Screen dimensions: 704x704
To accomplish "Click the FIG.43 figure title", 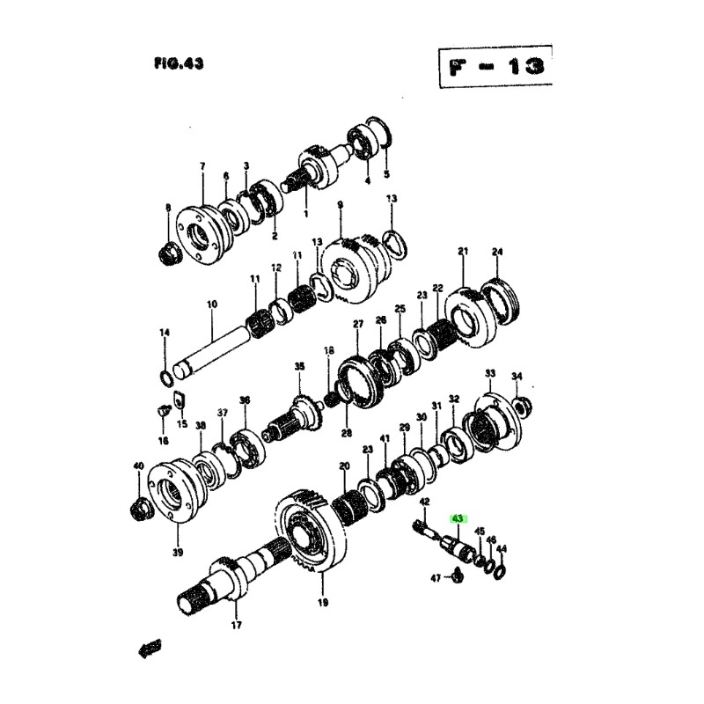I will tap(178, 63).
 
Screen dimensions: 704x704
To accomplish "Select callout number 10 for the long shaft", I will tap(211, 304).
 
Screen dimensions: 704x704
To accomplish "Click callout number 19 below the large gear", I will tap(322, 603).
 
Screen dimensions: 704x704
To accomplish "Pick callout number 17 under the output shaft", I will tap(236, 627).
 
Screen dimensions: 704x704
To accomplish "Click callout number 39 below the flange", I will tap(178, 553).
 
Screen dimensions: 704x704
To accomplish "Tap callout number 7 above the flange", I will tap(202, 166).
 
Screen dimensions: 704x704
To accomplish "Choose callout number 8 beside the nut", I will tap(168, 208).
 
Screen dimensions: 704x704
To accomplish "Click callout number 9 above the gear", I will tap(340, 205).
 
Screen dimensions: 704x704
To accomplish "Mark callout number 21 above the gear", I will tap(464, 252).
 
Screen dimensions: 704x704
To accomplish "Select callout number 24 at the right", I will tap(497, 253).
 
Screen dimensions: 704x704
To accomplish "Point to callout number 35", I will tap(298, 365).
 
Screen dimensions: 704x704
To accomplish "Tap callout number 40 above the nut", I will tap(138, 466).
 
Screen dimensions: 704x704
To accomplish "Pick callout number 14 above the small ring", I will tap(164, 333).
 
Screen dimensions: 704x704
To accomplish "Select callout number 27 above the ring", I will tap(358, 324).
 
